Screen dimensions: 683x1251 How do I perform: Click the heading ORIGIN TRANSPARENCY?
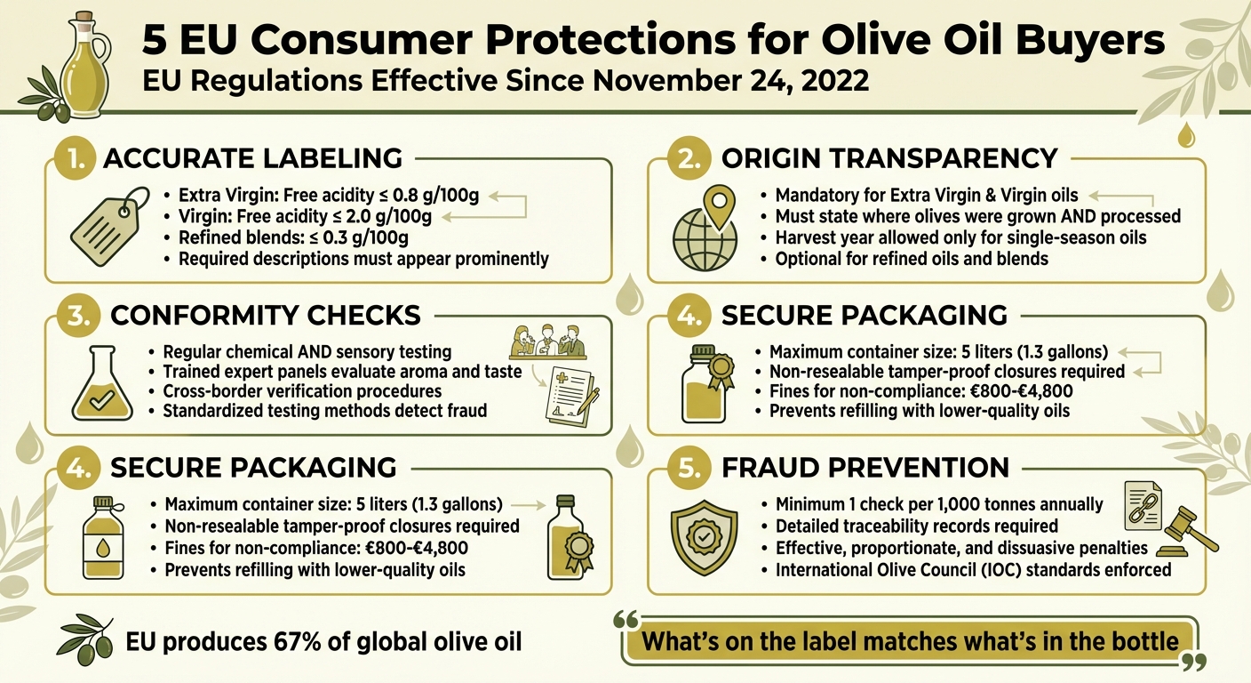889,158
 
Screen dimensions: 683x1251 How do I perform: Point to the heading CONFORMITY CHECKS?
264,315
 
